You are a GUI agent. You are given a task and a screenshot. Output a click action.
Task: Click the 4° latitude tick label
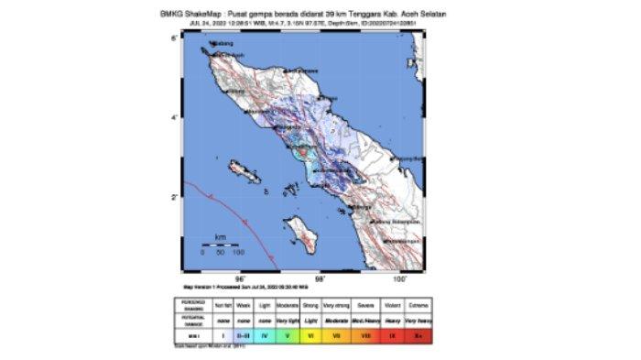click(x=174, y=117)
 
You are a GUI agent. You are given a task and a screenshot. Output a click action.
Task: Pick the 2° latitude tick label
click(x=174, y=197)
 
